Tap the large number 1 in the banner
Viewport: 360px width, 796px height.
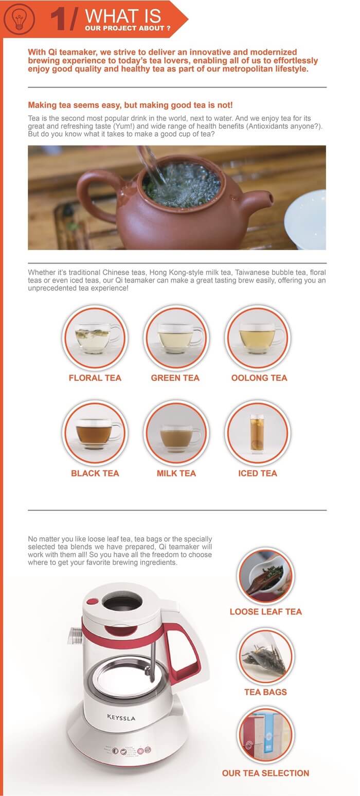coord(59,19)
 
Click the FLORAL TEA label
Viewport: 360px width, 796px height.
coord(95,378)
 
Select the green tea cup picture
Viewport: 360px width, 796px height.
coord(176,338)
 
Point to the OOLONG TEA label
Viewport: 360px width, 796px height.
coord(259,378)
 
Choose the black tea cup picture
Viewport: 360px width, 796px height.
coord(95,433)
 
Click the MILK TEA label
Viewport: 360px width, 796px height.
coord(176,473)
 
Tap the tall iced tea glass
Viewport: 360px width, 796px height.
coord(257,434)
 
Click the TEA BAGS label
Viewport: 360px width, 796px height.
coord(265,692)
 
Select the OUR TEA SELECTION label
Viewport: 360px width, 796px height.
coord(265,773)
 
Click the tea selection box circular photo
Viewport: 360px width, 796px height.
coord(265,737)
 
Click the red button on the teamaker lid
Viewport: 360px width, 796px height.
coord(93,602)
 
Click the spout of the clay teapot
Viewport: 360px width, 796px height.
coord(256,201)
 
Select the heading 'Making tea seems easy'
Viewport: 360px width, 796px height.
coord(130,105)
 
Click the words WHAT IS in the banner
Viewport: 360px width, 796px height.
coord(123,16)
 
